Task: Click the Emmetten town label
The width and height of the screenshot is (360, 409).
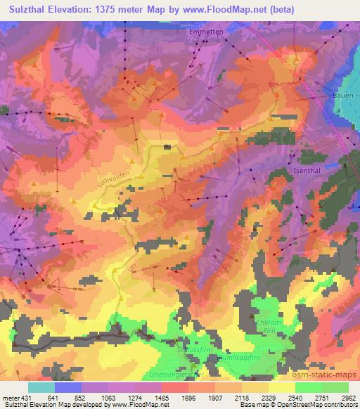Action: tap(205, 32)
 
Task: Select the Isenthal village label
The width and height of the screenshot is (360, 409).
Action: tap(307, 171)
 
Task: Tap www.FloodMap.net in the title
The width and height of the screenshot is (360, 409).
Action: tap(226, 10)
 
